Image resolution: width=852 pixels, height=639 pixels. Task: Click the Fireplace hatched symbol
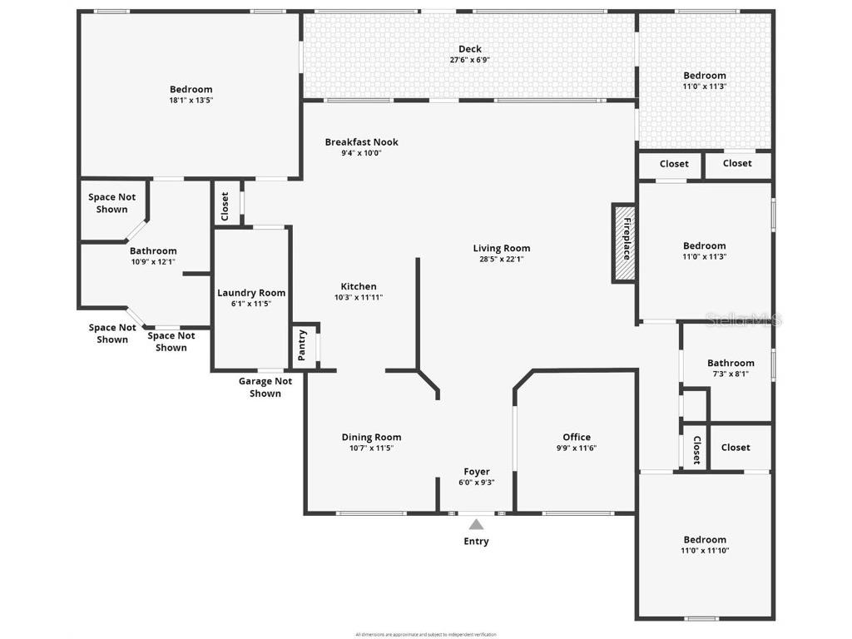coord(625,244)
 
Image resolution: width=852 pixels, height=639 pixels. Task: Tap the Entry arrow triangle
coord(476,524)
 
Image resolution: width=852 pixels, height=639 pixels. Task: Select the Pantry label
coord(302,345)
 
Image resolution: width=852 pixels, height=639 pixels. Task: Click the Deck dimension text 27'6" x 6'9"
coord(469,60)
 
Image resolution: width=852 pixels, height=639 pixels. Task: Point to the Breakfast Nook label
coord(361,142)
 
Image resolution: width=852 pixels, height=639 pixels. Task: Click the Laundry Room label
coord(251,293)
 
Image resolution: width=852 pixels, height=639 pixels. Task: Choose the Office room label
coord(577,437)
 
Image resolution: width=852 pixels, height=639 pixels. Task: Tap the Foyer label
coord(477,472)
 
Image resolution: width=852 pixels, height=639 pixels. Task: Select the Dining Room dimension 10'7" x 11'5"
coord(371,448)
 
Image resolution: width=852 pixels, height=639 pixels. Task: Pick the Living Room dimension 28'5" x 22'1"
coord(502,259)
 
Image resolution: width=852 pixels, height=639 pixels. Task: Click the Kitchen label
coord(359,286)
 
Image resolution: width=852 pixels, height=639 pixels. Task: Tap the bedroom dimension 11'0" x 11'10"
coord(705,550)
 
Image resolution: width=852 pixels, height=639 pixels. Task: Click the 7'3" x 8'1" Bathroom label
coord(731,363)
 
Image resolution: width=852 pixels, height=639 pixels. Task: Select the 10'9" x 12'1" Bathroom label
coord(153,251)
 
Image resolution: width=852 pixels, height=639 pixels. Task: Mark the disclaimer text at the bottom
coord(426,634)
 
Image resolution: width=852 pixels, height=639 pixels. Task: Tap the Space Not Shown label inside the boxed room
coord(112,203)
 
